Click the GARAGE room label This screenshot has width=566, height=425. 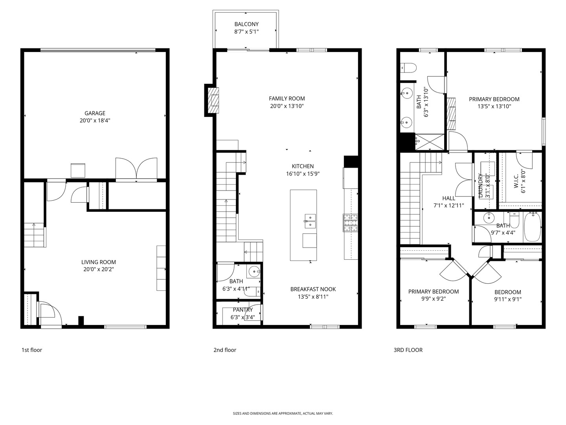click(95, 113)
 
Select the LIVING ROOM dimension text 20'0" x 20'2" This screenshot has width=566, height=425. click(98, 270)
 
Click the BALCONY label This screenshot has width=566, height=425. click(246, 24)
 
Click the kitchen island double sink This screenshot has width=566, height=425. click(310, 221)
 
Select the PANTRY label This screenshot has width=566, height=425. click(243, 310)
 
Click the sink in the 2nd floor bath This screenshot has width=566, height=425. click(255, 271)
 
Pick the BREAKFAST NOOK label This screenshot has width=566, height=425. click(313, 289)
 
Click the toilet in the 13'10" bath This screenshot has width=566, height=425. click(408, 68)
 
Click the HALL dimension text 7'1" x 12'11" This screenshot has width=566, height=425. click(448, 205)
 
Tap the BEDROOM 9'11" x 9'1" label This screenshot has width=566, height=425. click(507, 292)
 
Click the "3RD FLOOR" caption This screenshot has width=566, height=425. click(408, 350)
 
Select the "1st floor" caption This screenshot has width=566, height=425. click(31, 350)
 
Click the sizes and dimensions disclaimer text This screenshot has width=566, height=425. click(283, 414)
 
